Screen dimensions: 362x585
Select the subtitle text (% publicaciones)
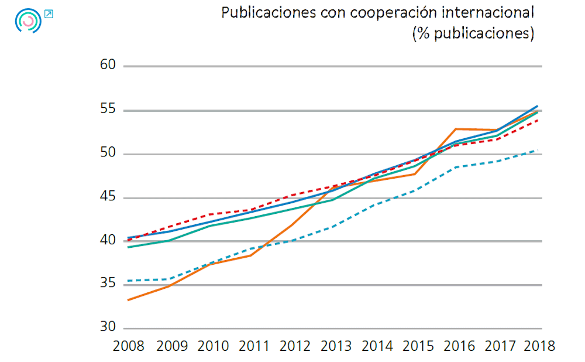click(x=473, y=33)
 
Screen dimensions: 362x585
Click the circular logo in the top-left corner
click(x=27, y=21)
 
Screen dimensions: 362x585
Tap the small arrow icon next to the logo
click(x=49, y=14)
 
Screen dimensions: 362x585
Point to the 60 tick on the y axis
click(x=108, y=66)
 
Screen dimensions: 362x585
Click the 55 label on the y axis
click(x=108, y=110)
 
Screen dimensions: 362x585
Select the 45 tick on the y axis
click(x=108, y=197)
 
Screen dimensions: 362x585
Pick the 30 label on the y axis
click(x=108, y=328)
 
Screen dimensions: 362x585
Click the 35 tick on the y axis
click(x=108, y=284)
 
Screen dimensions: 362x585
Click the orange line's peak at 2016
click(x=456, y=129)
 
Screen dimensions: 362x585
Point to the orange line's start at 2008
click(x=128, y=300)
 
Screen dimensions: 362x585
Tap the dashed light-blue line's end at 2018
click(x=537, y=151)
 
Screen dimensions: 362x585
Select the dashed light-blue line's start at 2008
click(x=128, y=281)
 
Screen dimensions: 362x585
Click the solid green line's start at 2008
click(x=128, y=247)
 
